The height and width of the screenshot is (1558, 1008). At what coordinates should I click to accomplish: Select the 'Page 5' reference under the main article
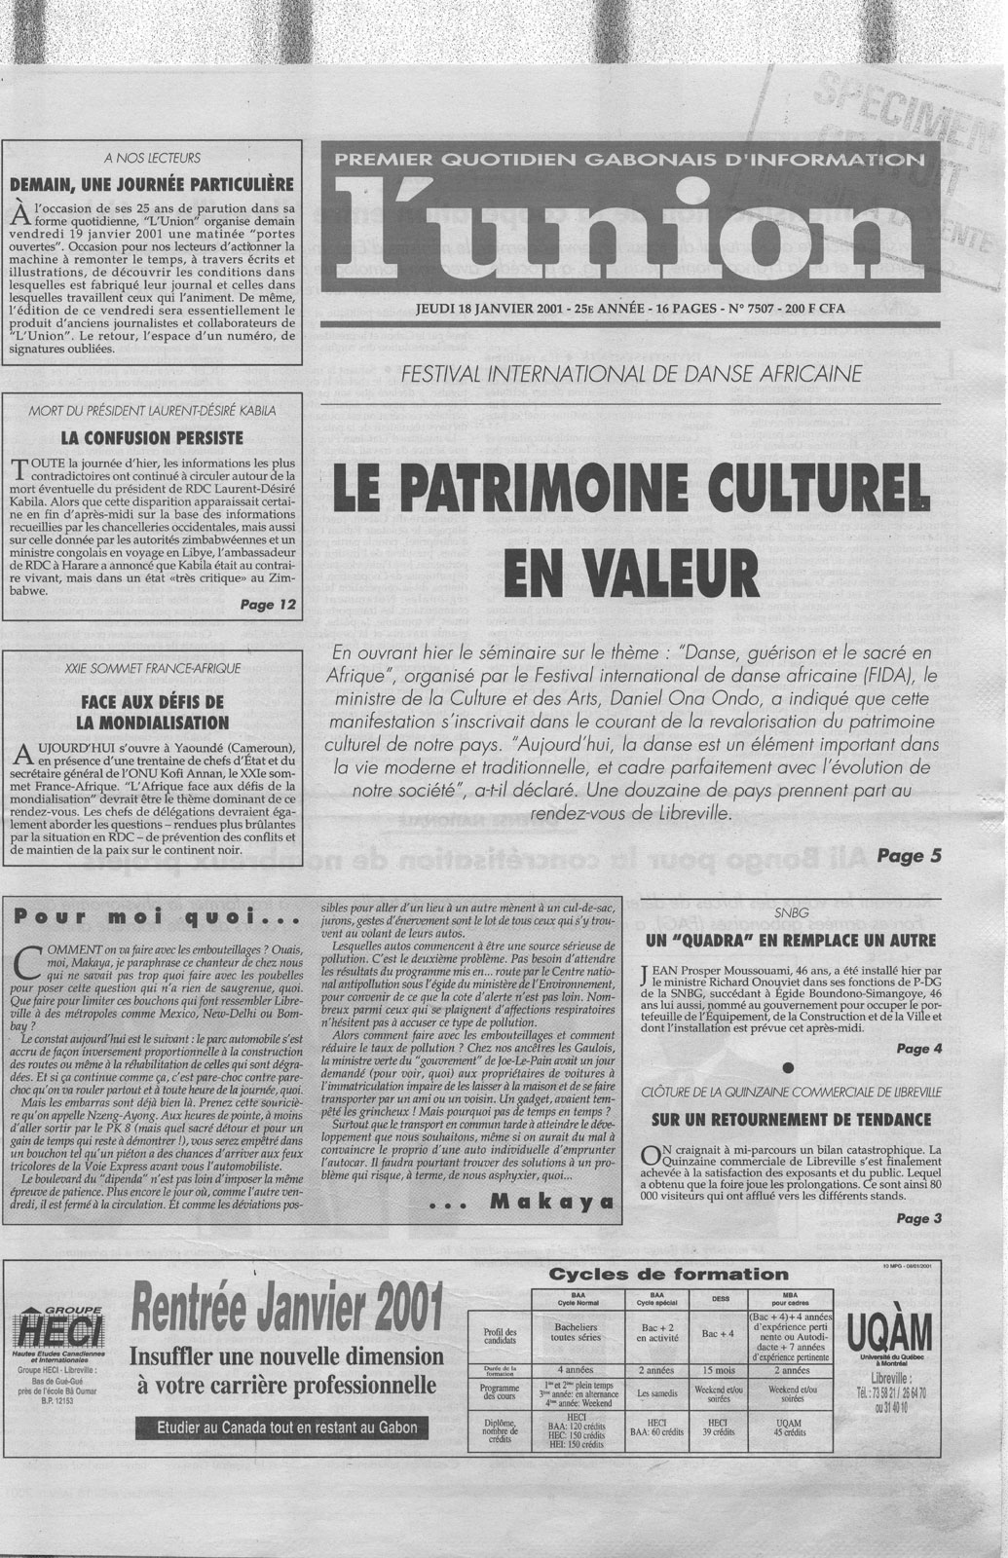[x=909, y=856]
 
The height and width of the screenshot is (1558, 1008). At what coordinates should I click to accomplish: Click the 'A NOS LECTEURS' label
[x=151, y=157]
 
